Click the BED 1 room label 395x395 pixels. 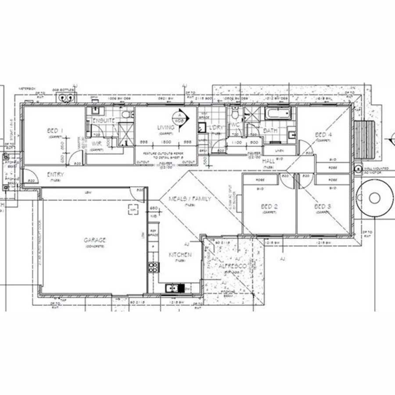click(55, 131)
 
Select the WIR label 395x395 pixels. click(97, 144)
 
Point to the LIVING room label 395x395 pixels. click(166, 128)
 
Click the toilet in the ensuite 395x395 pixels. click(127, 115)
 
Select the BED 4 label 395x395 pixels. click(323, 135)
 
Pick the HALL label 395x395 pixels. click(268, 162)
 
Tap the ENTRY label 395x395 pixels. click(55, 175)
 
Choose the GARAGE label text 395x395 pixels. click(95, 240)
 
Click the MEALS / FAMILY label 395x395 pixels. click(190, 199)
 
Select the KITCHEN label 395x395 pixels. click(180, 255)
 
